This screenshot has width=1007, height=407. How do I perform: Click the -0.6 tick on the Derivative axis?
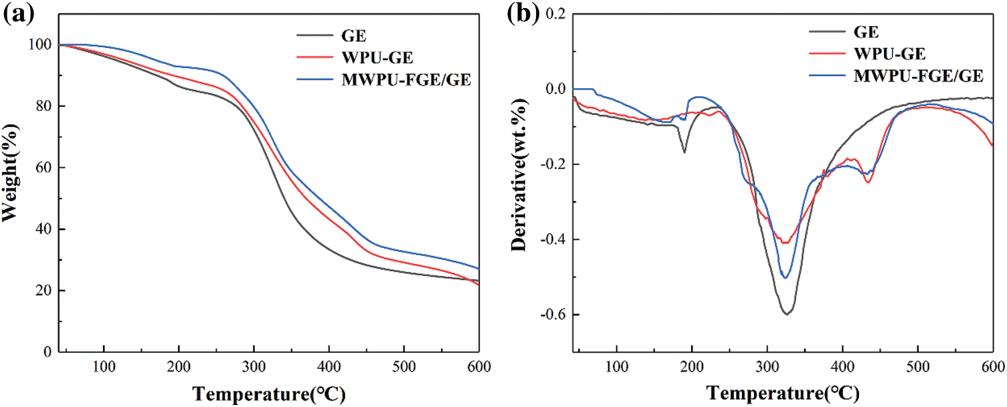(553, 315)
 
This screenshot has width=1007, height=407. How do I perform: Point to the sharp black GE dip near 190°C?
(684, 152)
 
